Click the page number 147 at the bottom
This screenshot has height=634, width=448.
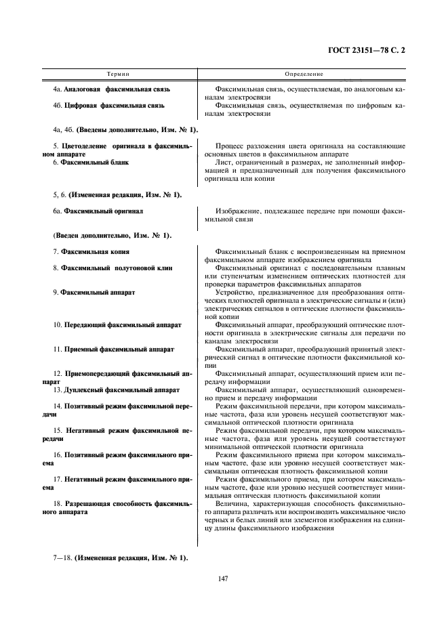click(224, 577)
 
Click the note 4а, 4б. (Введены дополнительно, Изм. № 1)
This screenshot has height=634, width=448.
click(117, 129)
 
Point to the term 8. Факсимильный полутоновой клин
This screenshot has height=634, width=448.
click(113, 268)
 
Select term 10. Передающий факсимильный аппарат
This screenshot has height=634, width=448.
click(117, 324)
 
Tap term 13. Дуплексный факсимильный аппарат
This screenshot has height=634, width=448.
click(116, 390)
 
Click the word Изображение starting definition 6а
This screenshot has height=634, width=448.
click(236, 211)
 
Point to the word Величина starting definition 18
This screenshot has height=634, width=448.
click(232, 505)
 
